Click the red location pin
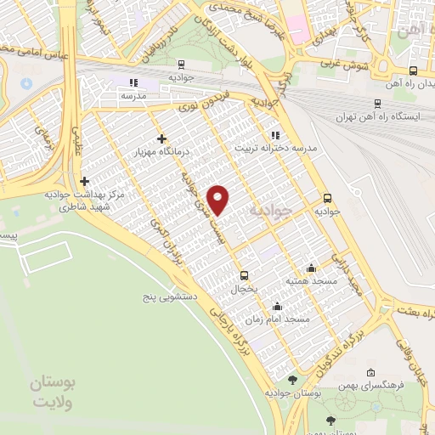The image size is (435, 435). [219, 200]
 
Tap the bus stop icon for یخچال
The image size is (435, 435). [245, 274]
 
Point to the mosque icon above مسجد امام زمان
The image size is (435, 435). [276, 307]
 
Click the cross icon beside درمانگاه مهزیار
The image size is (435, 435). [161, 138]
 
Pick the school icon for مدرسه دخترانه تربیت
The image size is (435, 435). [274, 134]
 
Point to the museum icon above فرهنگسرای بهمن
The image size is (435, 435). [370, 373]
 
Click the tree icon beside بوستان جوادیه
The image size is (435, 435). [293, 379]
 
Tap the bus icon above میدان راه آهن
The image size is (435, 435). [413, 71]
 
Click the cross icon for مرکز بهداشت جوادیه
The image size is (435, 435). [83, 181]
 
